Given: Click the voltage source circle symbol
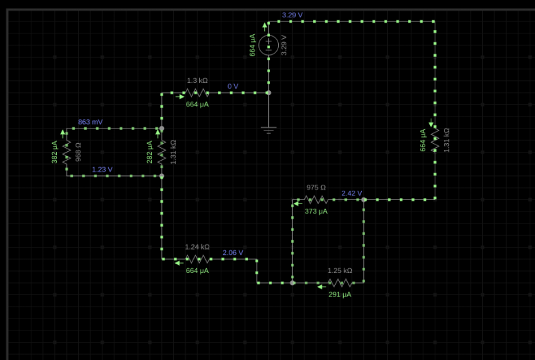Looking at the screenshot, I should point(269,45).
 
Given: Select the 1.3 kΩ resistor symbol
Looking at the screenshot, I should point(197,93).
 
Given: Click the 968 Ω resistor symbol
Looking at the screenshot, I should point(67,153).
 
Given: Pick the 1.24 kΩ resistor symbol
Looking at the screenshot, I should point(197,258).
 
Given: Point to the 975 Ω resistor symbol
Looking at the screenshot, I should point(316,199).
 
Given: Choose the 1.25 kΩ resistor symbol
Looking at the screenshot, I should point(340,282).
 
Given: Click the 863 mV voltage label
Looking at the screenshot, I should point(90,122).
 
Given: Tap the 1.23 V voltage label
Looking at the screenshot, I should point(102,169).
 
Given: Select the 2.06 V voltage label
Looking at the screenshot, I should point(233,252).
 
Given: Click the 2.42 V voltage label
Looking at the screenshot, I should point(352,193).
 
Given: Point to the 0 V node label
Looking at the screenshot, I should point(233,86).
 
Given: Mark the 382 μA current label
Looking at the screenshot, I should point(55,153).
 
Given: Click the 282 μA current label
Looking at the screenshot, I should point(150,153).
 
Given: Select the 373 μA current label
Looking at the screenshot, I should point(316,211).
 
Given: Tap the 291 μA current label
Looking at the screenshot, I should point(340,294).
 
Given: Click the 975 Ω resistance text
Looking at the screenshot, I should point(316,187).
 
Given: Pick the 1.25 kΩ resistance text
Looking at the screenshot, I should point(340,271).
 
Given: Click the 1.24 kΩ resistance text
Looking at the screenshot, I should point(197,247).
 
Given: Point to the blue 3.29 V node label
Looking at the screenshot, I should point(292,15).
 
